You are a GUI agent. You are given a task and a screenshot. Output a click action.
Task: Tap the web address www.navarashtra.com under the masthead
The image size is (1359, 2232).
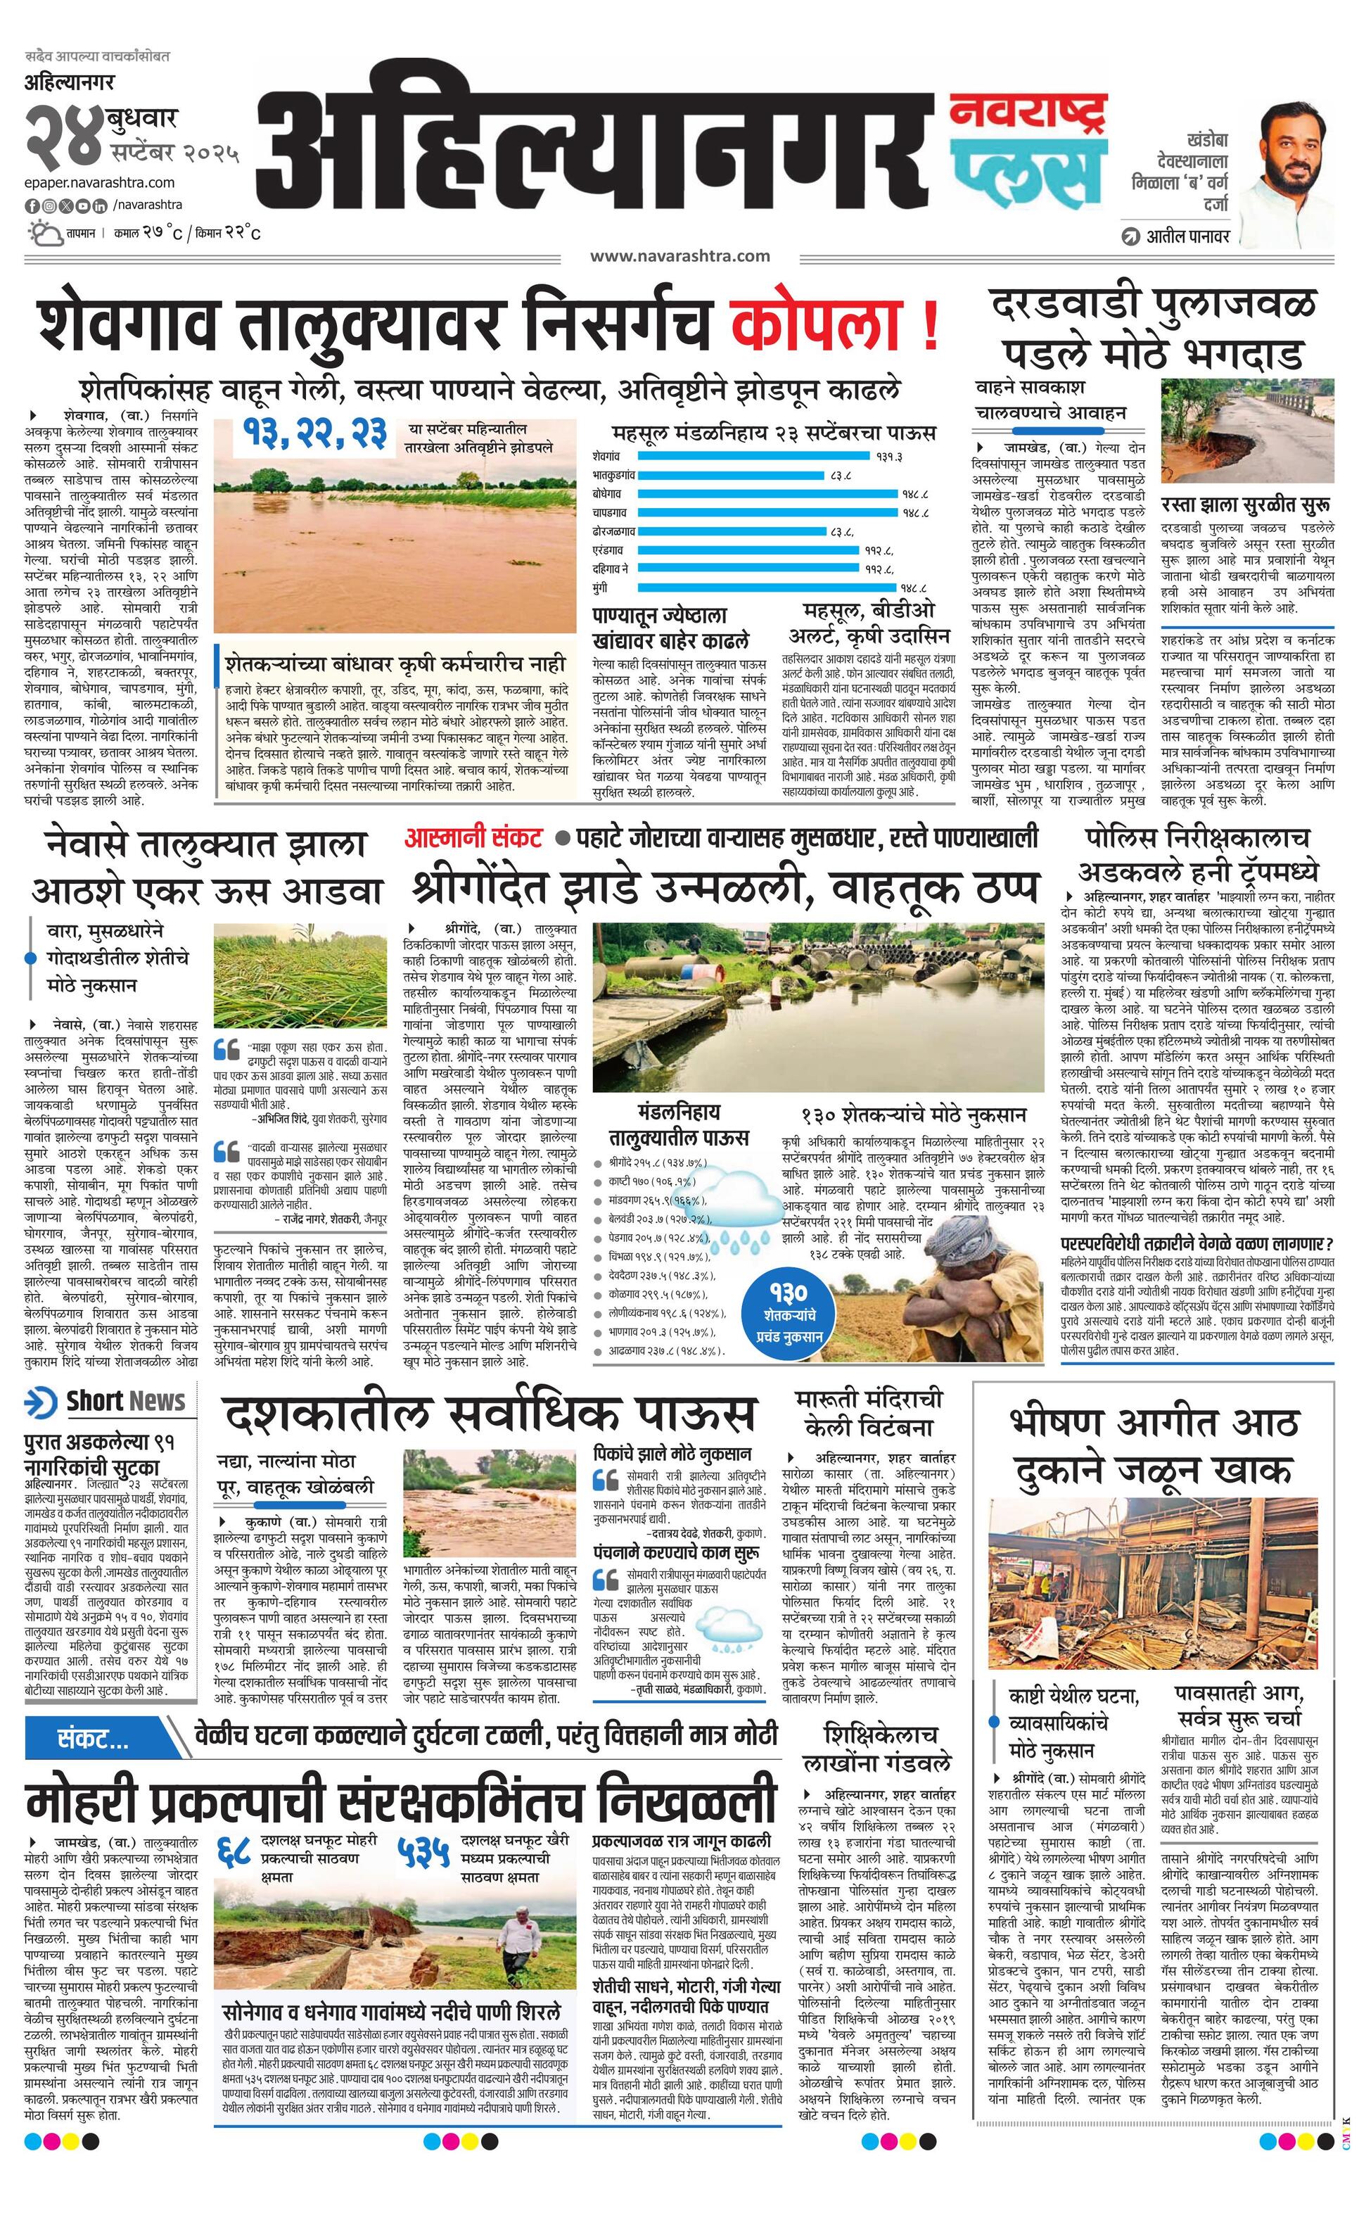tap(680, 256)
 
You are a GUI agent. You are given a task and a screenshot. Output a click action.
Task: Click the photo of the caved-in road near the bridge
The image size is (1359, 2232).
tap(1246, 433)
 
